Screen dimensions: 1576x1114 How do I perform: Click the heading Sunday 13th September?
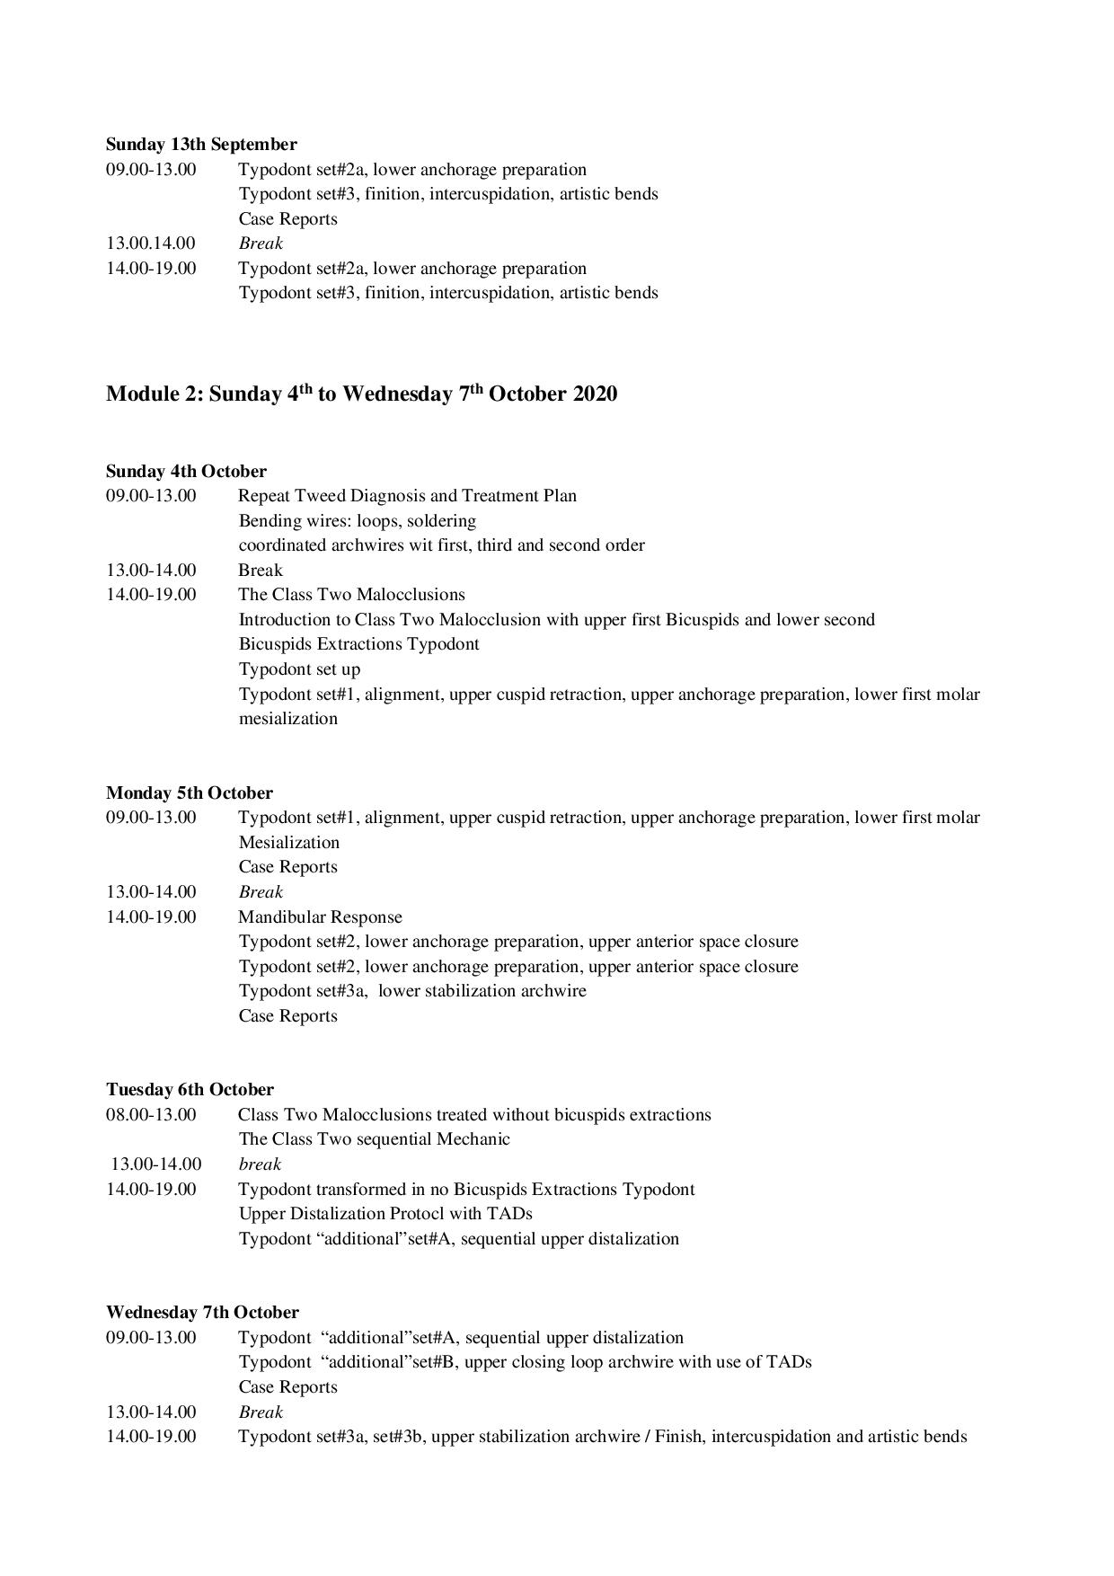(201, 145)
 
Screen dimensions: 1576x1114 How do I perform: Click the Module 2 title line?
(361, 394)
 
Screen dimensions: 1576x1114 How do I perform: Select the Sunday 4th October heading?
(186, 472)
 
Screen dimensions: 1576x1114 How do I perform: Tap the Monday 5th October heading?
(190, 793)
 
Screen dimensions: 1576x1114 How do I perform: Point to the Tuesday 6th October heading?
(190, 1090)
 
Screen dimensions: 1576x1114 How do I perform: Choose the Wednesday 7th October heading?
(202, 1313)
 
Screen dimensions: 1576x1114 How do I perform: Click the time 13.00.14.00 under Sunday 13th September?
(150, 243)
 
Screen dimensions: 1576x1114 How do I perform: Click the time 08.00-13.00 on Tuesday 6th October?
(150, 1115)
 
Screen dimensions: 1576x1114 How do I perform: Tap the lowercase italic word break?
(260, 1164)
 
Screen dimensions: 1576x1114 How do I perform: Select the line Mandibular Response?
(320, 917)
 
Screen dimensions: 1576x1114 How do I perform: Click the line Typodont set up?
(299, 669)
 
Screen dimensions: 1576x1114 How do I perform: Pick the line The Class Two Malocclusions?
(351, 595)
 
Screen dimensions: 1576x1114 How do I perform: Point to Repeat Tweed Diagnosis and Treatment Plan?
(407, 496)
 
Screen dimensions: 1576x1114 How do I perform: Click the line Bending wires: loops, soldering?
(357, 521)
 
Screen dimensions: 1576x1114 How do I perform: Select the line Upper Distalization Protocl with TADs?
(385, 1214)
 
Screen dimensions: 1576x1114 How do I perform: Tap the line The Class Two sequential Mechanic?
(374, 1139)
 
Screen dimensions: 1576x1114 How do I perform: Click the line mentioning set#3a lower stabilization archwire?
(411, 991)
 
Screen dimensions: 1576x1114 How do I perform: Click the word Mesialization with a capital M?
(288, 843)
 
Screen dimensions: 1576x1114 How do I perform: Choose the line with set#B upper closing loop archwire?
(525, 1362)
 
